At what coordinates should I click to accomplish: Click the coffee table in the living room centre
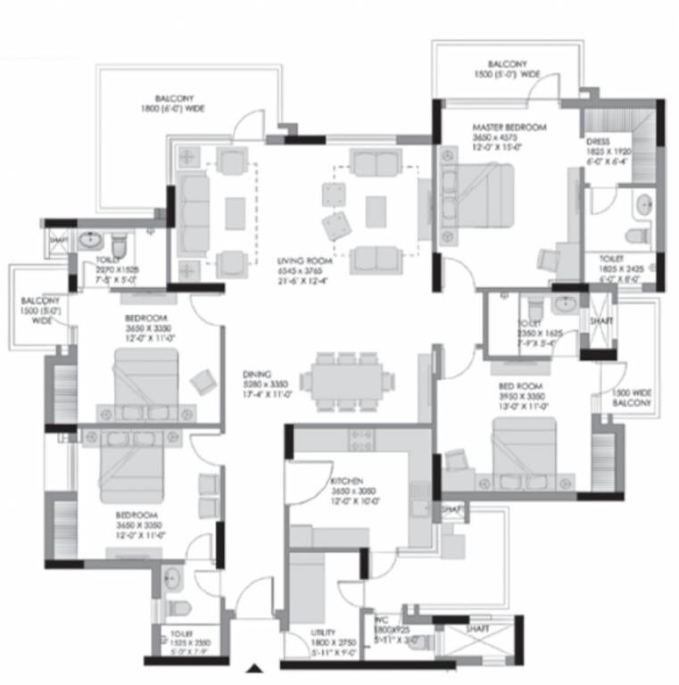click(x=376, y=211)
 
